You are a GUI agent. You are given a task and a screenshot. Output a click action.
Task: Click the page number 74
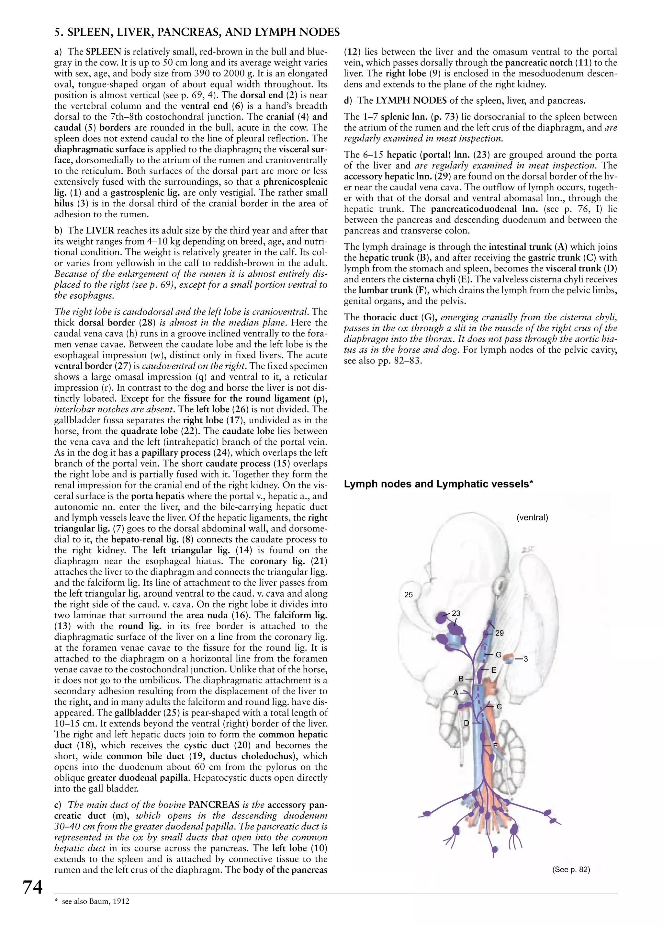point(32,887)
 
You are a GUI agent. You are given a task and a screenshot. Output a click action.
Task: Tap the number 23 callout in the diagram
point(456,613)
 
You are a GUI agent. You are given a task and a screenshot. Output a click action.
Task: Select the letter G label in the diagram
point(499,655)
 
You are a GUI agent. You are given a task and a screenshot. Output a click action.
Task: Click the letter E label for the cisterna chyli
point(494,670)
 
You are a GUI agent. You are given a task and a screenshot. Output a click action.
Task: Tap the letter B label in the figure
point(461,679)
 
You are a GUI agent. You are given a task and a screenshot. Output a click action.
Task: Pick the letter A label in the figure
point(456,692)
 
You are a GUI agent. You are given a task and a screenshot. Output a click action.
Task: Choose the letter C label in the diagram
point(499,707)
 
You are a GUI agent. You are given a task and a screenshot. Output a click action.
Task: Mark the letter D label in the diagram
point(467,723)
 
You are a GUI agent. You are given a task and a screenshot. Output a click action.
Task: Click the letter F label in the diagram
point(495,746)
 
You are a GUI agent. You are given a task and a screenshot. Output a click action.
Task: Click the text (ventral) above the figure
point(532,518)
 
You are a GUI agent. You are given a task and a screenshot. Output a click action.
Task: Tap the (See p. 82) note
point(571,870)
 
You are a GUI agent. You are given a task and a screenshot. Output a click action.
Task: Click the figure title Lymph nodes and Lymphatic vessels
point(439,484)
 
